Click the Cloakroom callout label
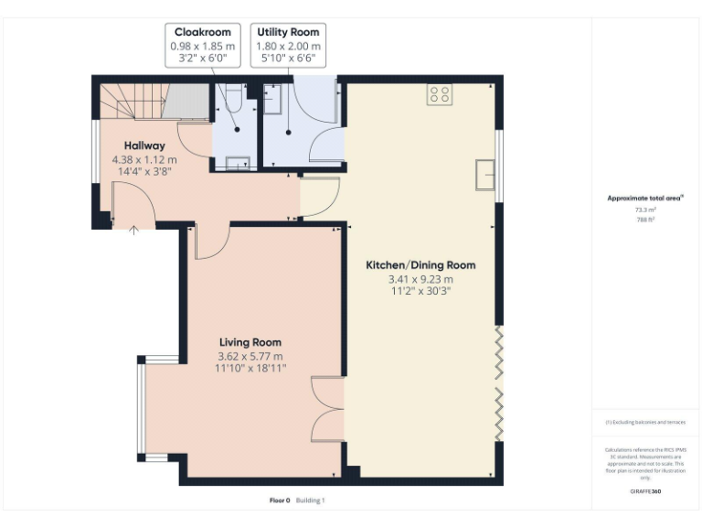[203, 33]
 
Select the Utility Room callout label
[288, 33]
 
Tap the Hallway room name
[144, 145]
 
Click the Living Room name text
[250, 342]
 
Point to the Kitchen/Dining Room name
[420, 265]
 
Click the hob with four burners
[439, 95]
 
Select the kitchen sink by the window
[484, 174]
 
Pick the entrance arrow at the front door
[134, 231]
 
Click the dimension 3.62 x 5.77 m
[250, 356]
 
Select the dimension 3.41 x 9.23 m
[420, 279]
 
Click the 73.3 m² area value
[645, 210]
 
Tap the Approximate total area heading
[645, 198]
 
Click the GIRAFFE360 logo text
[645, 491]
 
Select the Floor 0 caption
[280, 500]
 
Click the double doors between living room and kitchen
[328, 410]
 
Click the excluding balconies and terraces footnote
[645, 422]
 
